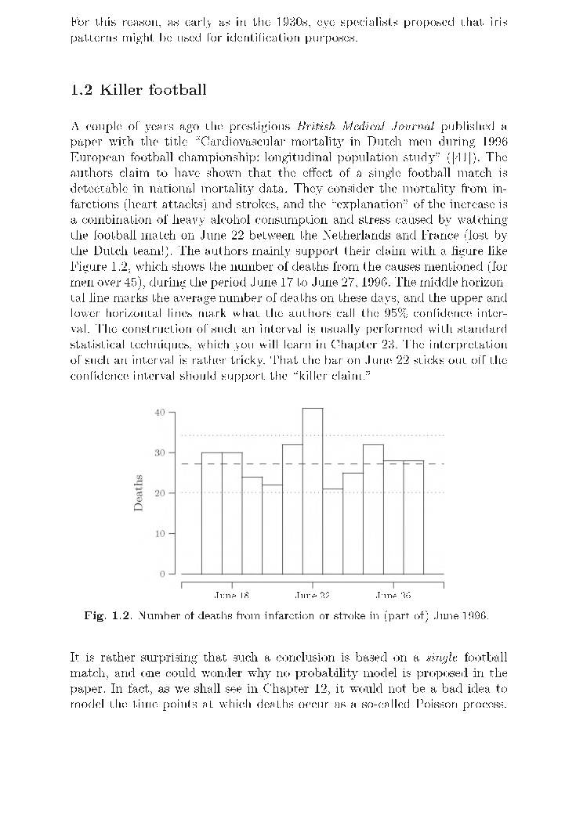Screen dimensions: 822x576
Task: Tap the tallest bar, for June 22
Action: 313,490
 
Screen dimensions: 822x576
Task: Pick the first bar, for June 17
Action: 212,513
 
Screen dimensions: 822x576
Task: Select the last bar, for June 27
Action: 414,517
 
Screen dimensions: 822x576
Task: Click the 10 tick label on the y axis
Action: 161,534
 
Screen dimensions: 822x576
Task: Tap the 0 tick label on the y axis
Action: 163,575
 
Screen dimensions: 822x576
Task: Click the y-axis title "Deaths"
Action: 139,493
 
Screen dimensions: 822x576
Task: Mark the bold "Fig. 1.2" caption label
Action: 108,615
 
